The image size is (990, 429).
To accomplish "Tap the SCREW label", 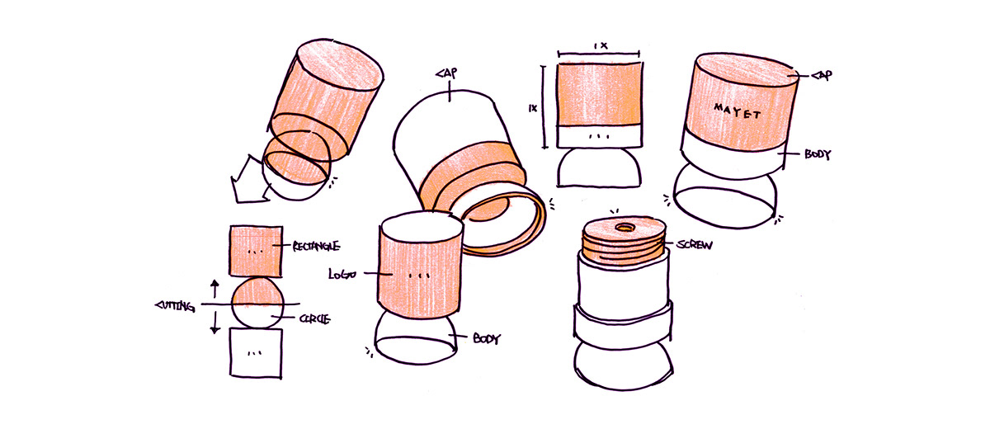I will (x=695, y=245).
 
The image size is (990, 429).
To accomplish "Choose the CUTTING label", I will (x=174, y=307).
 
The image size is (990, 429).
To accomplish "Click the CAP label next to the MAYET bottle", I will (x=821, y=75).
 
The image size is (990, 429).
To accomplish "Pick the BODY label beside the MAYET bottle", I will (x=818, y=154).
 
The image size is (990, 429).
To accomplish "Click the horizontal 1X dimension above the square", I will (x=599, y=48).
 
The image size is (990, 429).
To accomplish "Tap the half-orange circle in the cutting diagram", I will (x=256, y=302).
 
